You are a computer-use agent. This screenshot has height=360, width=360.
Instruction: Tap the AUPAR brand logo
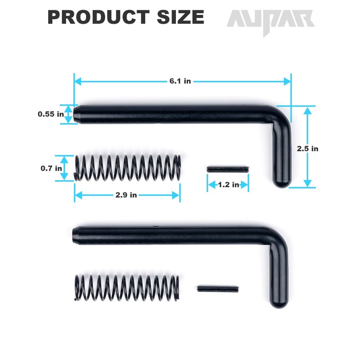[x=270, y=20]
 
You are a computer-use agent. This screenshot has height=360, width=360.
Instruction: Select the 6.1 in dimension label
[x=180, y=81]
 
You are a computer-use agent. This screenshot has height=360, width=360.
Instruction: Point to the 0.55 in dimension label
[x=50, y=114]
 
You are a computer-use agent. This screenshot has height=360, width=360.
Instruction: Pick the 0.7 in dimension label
[x=52, y=168]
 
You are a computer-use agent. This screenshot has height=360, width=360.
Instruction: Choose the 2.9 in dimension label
[x=126, y=195]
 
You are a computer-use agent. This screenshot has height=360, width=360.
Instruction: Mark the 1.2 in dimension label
[x=228, y=184]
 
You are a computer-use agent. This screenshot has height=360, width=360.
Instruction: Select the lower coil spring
[x=126, y=288]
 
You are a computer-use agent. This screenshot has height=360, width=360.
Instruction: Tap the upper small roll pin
[x=228, y=169]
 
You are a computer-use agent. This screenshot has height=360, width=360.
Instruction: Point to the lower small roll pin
[x=217, y=288]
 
